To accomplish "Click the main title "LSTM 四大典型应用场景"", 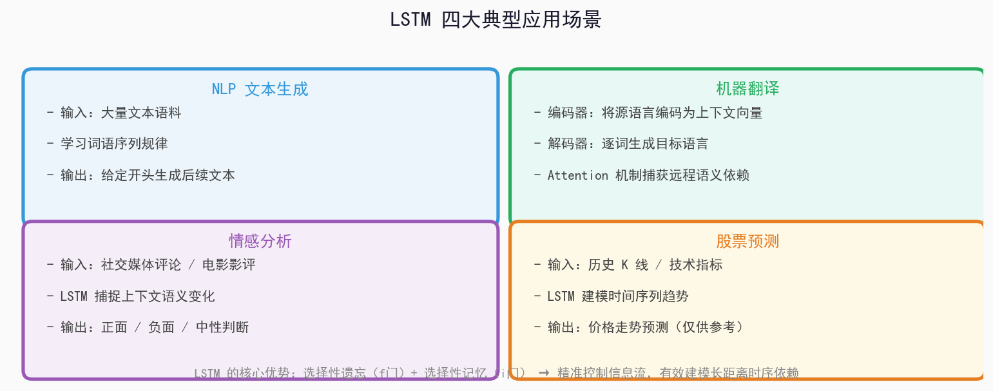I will point(496,20).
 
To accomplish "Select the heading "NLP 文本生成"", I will point(260,89).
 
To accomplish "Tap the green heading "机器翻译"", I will point(747,88).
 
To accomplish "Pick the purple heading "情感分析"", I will point(260,241).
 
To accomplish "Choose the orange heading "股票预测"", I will point(747,241).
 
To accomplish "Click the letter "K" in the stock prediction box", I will point(624,265).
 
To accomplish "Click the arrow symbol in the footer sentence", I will point(544,372).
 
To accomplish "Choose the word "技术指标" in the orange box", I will point(696,265).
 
